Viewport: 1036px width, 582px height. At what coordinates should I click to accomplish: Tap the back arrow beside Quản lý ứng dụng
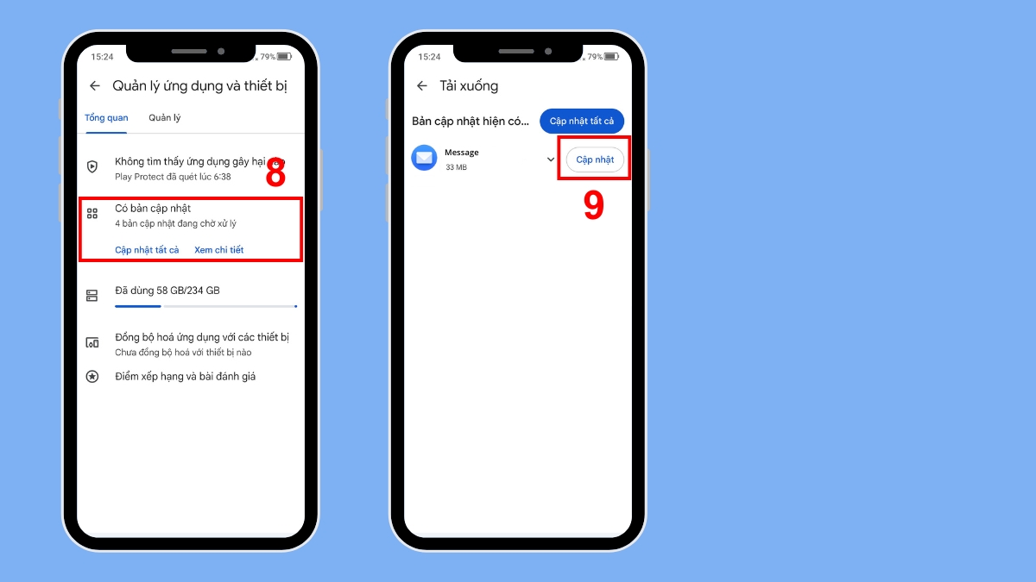(95, 86)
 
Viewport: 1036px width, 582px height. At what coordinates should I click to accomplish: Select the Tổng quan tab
(106, 118)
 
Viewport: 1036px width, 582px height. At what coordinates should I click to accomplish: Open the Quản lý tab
(164, 118)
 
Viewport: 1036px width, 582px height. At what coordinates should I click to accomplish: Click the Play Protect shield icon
(92, 166)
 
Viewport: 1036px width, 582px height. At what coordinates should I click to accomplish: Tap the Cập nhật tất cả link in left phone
(147, 250)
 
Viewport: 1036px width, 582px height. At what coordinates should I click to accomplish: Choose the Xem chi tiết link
(218, 250)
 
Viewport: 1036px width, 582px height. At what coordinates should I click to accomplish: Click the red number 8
(275, 174)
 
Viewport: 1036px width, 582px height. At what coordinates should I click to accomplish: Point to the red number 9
(593, 205)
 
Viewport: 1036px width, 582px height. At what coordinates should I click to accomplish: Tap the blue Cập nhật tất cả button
(582, 122)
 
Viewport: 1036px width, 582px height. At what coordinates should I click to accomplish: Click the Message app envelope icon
(424, 158)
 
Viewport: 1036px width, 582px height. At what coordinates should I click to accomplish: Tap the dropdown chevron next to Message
(551, 160)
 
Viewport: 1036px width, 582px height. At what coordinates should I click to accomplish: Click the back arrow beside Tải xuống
(422, 86)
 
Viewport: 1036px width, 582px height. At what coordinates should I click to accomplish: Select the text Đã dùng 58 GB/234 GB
(167, 291)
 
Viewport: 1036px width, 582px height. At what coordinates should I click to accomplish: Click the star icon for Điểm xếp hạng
(92, 377)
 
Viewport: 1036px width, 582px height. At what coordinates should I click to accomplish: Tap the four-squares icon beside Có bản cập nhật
(92, 214)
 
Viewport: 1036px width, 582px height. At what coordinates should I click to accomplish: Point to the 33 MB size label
(456, 167)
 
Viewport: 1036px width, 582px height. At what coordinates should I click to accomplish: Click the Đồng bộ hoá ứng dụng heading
(202, 337)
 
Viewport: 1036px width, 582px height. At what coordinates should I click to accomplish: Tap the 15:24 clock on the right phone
(429, 57)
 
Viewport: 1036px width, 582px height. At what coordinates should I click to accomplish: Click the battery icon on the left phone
(284, 57)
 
